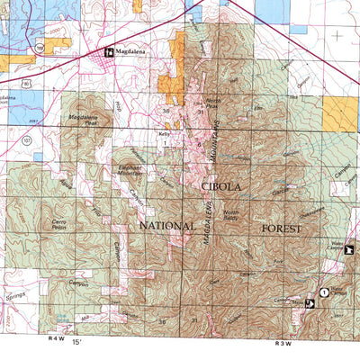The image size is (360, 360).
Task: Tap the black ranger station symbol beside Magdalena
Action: coord(109,52)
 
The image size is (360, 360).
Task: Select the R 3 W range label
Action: coord(285,343)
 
